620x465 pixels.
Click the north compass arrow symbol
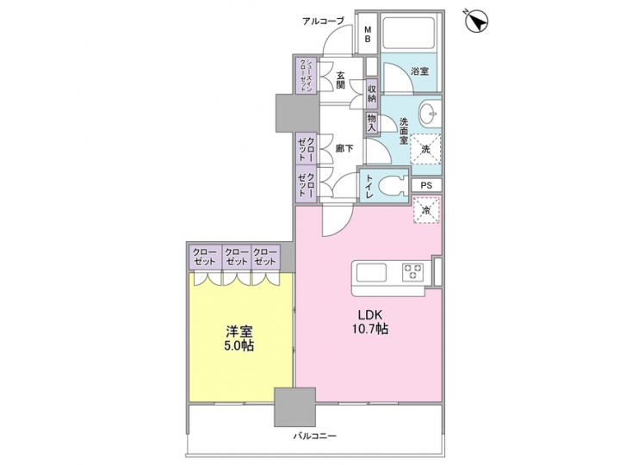click(x=476, y=20)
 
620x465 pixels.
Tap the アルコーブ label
click(x=325, y=21)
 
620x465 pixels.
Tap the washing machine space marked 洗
click(x=425, y=148)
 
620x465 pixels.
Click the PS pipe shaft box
click(x=426, y=185)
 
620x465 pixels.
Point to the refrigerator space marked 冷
click(x=425, y=209)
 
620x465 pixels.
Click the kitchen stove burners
click(x=413, y=274)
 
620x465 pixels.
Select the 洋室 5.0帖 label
click(x=239, y=338)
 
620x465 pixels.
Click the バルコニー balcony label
click(x=314, y=437)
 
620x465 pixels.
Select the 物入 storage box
click(x=371, y=123)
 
